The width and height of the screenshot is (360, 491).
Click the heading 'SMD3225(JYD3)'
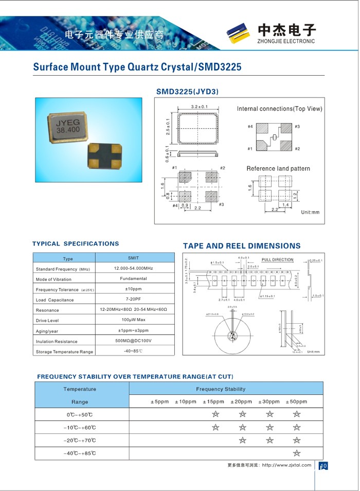click(x=187, y=92)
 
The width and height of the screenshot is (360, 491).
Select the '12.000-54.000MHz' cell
click(x=133, y=268)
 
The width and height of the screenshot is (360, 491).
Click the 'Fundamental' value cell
click(x=133, y=278)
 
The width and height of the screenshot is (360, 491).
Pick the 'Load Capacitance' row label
click(x=55, y=300)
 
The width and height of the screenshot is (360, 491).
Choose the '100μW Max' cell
click(x=133, y=320)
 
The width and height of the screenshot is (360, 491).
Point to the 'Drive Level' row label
click(x=48, y=321)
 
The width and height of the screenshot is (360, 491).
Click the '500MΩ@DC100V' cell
click(x=133, y=341)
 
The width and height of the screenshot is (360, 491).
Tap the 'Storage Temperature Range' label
click(x=64, y=352)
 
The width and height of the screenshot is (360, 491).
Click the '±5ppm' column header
click(x=159, y=401)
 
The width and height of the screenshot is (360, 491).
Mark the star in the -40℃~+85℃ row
click(x=297, y=453)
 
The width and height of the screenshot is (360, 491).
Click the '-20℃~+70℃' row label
click(x=80, y=441)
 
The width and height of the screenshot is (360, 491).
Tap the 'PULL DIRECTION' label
click(x=278, y=260)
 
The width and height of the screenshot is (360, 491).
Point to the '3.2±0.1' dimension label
click(x=199, y=107)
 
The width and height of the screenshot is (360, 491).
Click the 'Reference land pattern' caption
click(x=278, y=168)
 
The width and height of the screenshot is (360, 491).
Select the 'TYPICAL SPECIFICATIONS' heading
click(x=76, y=244)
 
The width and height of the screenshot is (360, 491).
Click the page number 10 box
click(x=323, y=466)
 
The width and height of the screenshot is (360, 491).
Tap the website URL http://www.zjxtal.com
click(x=286, y=465)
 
